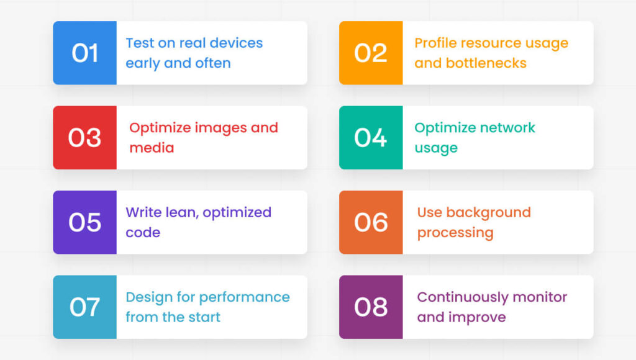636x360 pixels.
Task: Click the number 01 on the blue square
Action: [84, 53]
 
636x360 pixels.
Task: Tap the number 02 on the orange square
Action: [371, 53]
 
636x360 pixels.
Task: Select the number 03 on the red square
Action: [84, 138]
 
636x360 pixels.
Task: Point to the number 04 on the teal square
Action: [371, 138]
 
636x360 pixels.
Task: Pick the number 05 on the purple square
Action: [84, 223]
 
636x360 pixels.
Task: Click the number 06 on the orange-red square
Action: [371, 223]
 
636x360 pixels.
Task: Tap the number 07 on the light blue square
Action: [84, 307]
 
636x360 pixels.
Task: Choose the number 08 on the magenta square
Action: [371, 307]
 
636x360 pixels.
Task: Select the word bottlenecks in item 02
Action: [486, 63]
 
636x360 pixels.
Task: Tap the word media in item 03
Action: [152, 148]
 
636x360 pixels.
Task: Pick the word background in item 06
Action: [488, 213]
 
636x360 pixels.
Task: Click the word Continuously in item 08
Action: [463, 297]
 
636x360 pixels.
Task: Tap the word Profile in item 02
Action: [435, 43]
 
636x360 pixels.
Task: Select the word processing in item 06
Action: [455, 233]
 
